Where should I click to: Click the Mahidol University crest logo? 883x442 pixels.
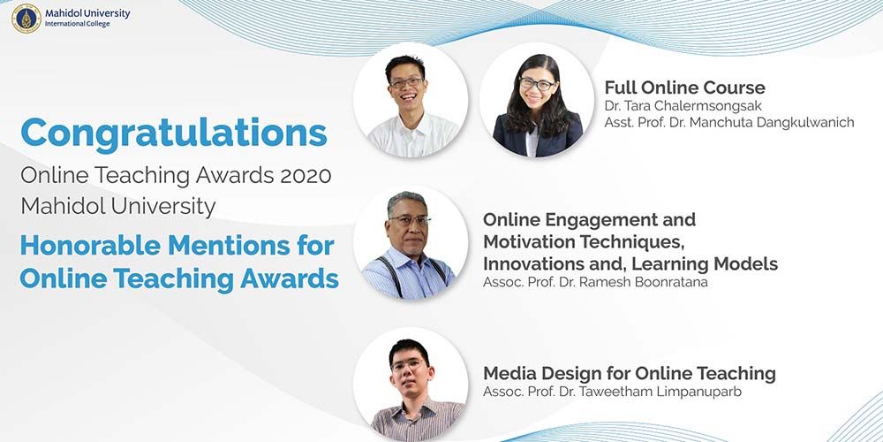[x=26, y=19]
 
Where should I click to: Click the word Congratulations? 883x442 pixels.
[x=174, y=133]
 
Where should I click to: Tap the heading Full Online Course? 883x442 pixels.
[x=684, y=88]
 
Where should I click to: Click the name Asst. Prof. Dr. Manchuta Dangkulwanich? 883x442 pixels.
[x=729, y=123]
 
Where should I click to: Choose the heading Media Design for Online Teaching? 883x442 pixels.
[x=629, y=373]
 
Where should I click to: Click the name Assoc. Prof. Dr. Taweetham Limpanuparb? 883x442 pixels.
[x=612, y=392]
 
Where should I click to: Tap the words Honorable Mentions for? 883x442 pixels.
[x=177, y=245]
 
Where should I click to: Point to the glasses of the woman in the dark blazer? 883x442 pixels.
[x=537, y=85]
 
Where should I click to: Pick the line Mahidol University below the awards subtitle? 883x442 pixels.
[x=117, y=207]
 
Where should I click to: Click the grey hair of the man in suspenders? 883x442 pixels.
[x=406, y=199]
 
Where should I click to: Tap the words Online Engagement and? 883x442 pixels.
[x=589, y=219]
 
